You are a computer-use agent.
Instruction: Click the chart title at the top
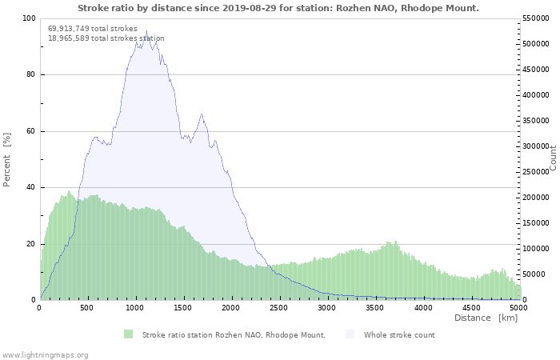[x=278, y=8]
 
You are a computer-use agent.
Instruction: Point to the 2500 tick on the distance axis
[x=278, y=307]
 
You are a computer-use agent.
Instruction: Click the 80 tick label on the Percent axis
[x=30, y=74]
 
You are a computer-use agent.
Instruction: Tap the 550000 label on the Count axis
[x=536, y=18]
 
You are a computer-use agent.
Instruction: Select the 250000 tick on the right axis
[x=536, y=172]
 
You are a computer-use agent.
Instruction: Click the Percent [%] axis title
[x=6, y=160]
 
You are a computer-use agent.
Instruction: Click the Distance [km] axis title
[x=486, y=318]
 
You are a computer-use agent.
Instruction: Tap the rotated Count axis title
[x=553, y=158]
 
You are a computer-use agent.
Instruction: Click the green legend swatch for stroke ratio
[x=128, y=334]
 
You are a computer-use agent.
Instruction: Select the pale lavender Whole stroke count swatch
[x=350, y=334]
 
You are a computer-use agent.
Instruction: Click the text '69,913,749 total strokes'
[x=93, y=29]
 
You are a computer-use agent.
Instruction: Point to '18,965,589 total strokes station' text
[x=106, y=38]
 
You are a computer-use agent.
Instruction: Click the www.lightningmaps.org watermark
[x=45, y=355]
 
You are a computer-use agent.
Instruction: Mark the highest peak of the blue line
[x=146, y=30]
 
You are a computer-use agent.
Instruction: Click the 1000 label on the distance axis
[x=134, y=307]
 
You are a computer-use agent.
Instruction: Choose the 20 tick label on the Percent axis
[x=30, y=244]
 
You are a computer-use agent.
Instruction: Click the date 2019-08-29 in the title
[x=250, y=8]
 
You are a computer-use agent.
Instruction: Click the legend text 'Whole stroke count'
[x=399, y=335]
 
